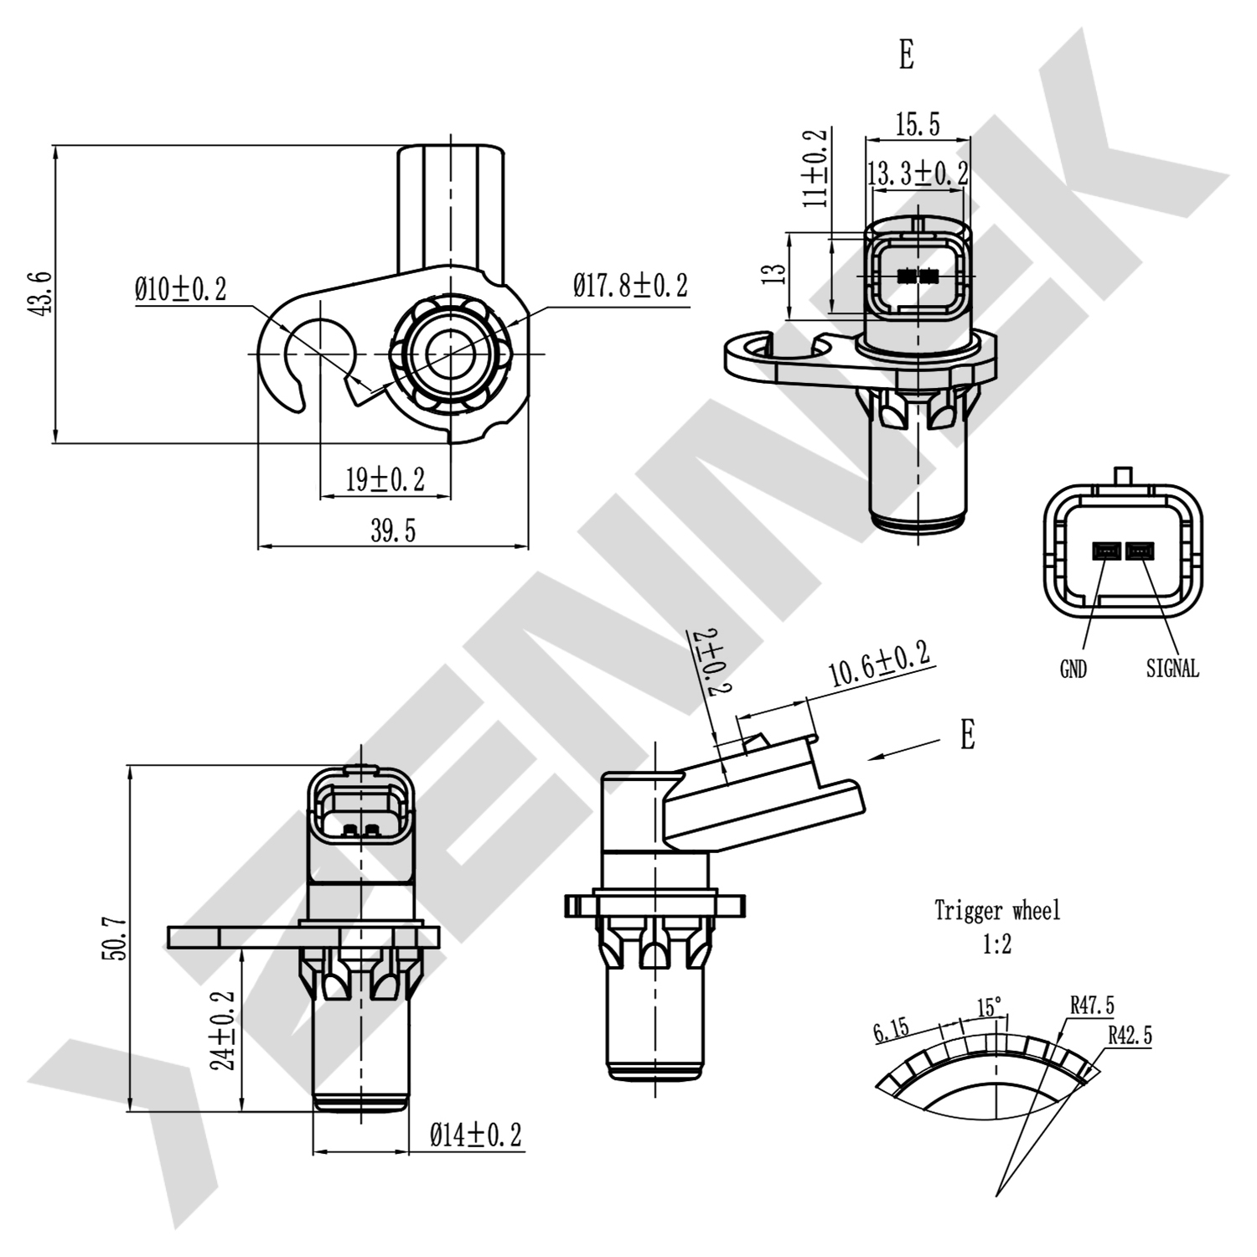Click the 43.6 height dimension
pos(40,293)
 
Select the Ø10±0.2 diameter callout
pos(180,290)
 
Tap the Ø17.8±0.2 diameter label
pos(630,286)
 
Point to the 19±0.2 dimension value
pos(385,480)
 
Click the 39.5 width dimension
pos(393,530)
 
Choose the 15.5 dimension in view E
pos(918,125)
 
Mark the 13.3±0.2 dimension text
pos(918,174)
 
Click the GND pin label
pos(1073,669)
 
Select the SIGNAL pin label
pos(1172,669)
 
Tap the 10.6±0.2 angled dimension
pos(879,664)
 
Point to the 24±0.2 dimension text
pos(224,1031)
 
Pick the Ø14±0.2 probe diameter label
pos(475,1135)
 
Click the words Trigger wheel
pos(997,910)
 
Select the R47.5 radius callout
pos(1092,1005)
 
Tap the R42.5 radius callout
pos(1130,1036)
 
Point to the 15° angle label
pos(990,1006)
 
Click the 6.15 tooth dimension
pos(890,1030)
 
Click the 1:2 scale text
pos(997,945)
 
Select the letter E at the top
pos(906,55)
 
